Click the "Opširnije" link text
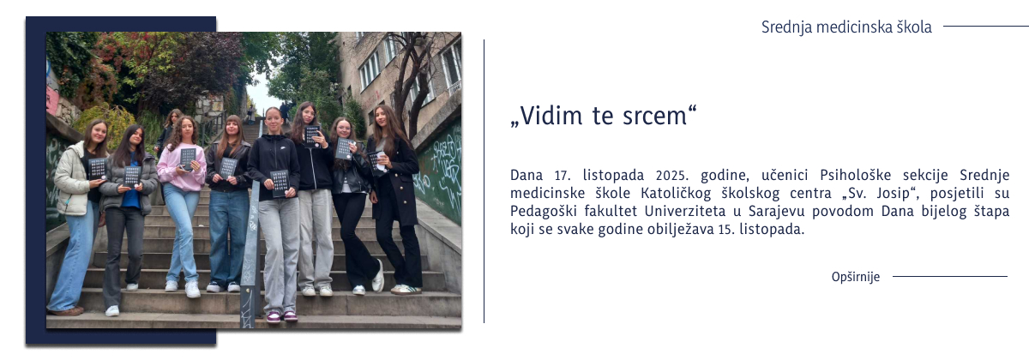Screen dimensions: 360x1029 point(855,277)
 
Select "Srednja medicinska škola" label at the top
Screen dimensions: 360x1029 point(845,27)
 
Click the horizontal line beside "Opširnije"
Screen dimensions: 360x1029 point(949,277)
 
